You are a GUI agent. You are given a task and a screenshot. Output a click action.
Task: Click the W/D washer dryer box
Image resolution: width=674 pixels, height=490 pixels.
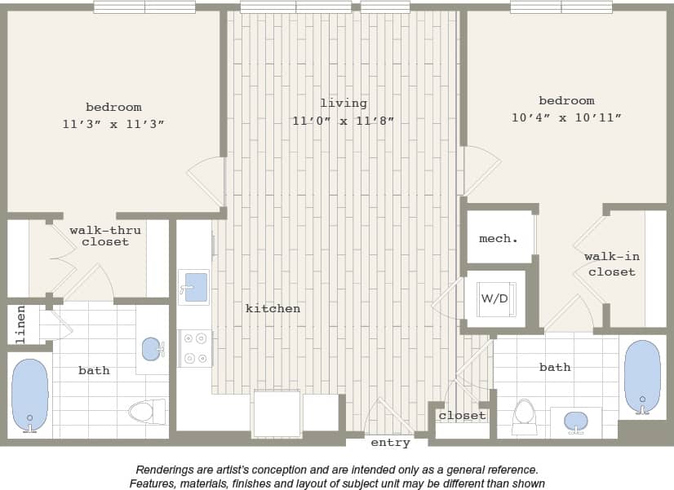point(494,299)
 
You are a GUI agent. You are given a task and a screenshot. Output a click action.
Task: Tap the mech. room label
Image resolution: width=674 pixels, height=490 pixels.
point(498,238)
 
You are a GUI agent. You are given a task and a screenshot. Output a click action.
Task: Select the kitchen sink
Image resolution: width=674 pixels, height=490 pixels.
point(194,287)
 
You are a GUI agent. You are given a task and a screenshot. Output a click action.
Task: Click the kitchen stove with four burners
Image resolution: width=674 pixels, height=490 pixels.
point(195,348)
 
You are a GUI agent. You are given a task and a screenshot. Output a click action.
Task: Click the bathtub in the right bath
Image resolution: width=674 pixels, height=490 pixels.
point(641,376)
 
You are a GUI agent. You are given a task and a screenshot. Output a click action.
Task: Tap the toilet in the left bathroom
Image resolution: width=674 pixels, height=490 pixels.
point(148,411)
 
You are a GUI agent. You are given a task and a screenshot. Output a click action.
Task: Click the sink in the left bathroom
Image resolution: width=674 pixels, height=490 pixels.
point(152,349)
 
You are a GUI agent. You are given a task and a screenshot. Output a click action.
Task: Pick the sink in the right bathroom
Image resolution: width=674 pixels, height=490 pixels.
point(576,422)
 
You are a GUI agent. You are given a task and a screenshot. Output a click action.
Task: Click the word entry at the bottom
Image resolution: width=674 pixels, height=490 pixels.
point(390,443)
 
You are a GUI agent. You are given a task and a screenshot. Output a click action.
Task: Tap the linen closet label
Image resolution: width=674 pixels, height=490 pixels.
point(21,324)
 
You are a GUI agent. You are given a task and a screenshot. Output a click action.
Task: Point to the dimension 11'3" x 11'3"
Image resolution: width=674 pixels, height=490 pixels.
point(113,124)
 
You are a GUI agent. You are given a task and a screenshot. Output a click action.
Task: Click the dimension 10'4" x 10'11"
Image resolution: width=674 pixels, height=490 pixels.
point(566,117)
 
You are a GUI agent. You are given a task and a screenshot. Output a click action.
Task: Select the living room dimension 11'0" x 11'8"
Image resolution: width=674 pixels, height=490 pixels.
point(343,121)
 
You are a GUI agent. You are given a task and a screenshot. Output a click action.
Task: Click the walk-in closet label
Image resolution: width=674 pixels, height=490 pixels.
point(612,263)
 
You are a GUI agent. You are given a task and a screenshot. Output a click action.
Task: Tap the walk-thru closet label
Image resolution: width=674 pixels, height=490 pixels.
point(104,236)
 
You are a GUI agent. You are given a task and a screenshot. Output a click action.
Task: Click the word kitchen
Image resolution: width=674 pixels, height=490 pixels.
point(273,308)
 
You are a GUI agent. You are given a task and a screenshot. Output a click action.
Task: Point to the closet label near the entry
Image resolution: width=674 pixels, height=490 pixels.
point(462,415)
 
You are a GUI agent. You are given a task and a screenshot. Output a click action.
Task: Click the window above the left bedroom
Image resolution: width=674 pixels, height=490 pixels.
point(144,7)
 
